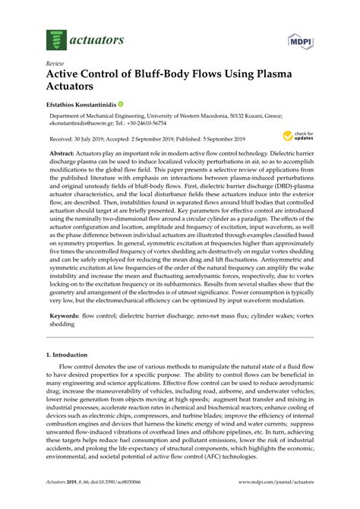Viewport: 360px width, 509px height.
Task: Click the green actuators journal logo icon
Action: pos(53,35)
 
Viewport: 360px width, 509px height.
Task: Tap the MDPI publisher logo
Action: pos(302,38)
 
